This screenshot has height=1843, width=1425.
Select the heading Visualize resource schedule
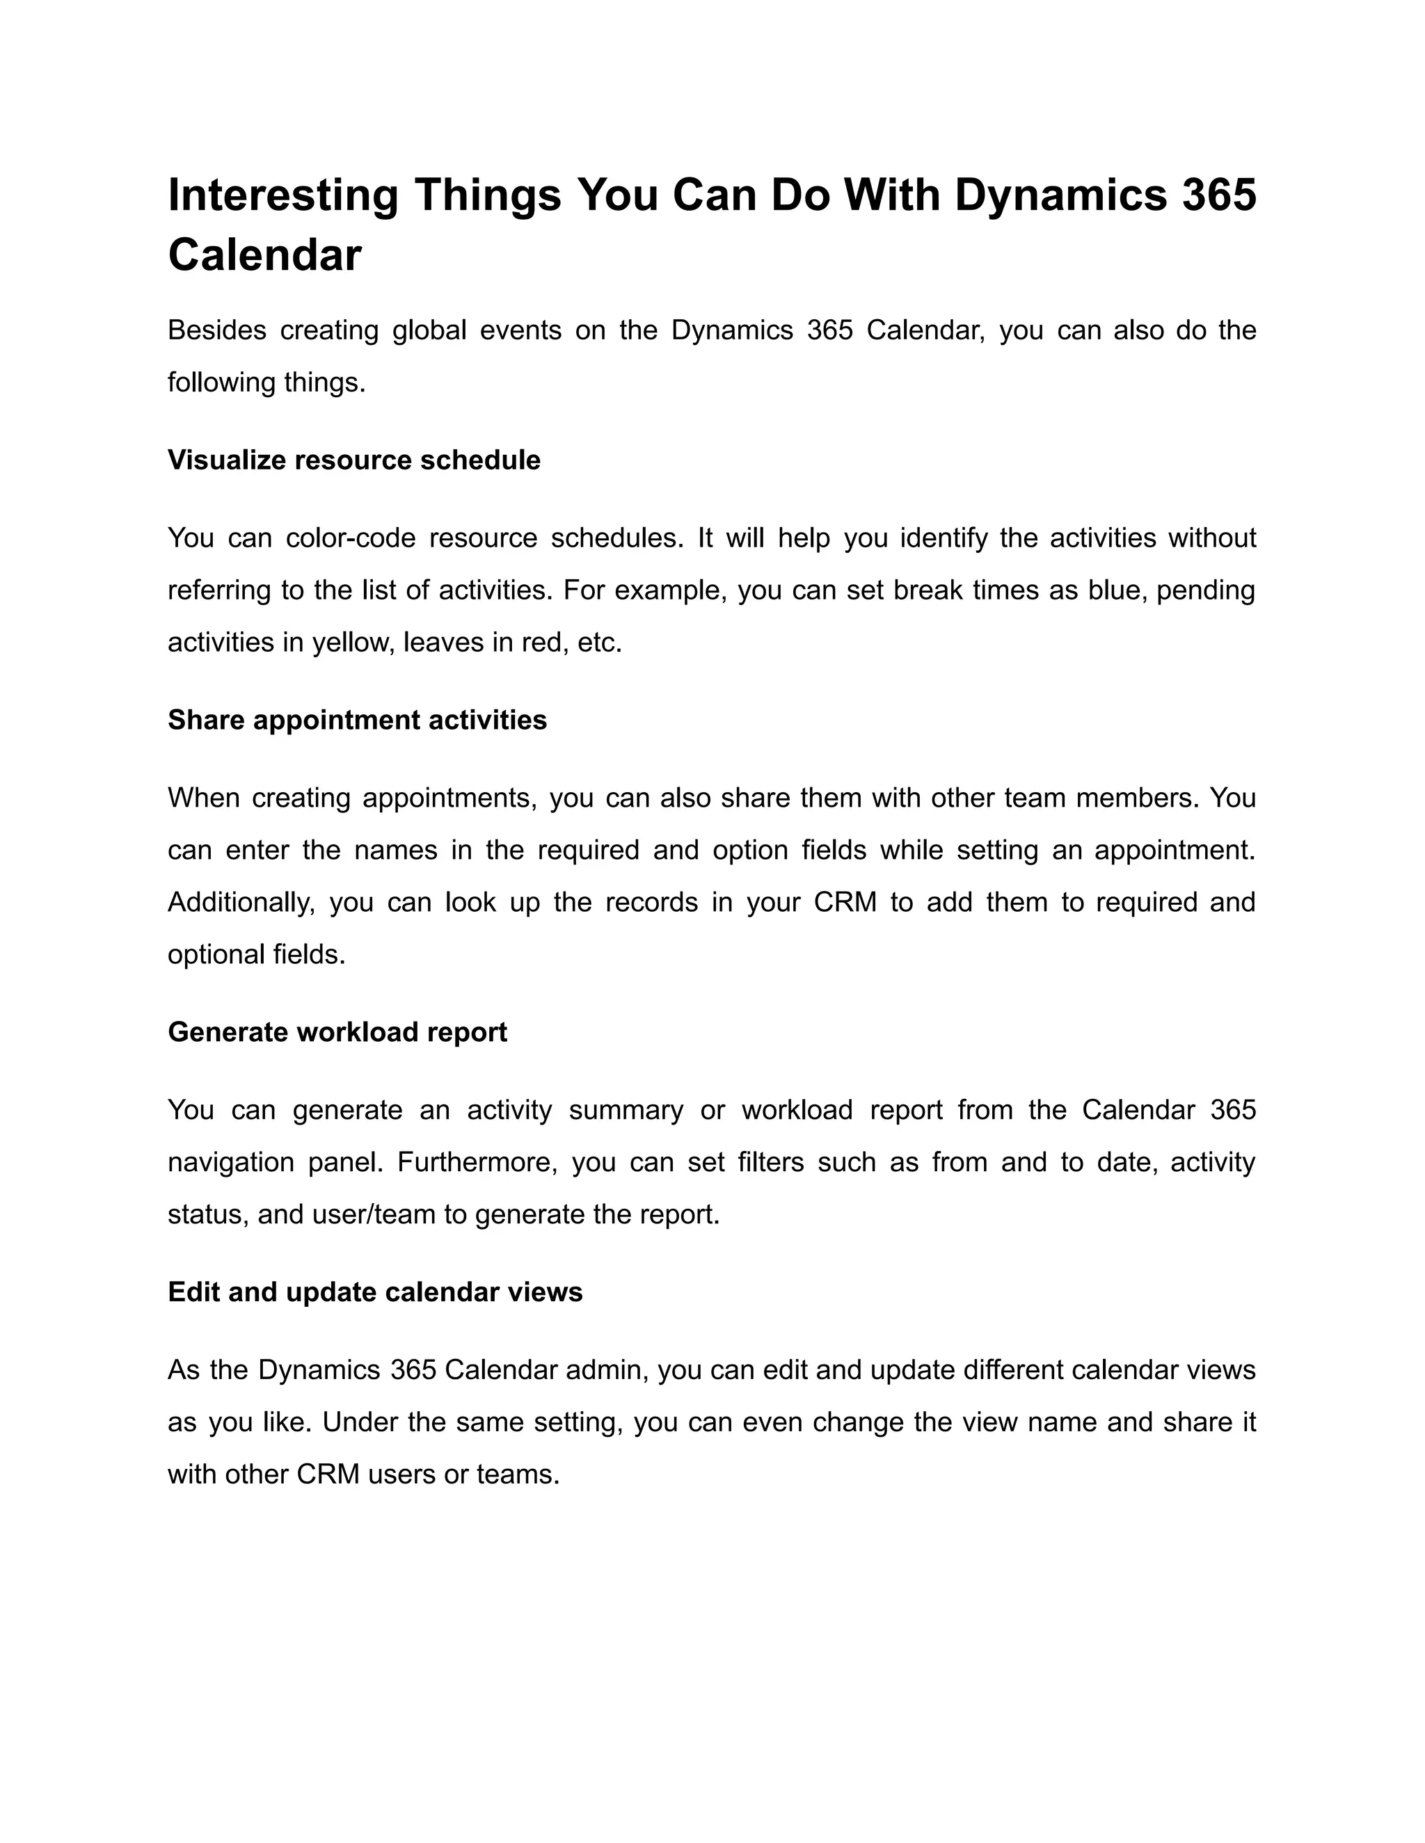pos(353,460)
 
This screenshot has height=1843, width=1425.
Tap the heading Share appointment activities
pos(357,720)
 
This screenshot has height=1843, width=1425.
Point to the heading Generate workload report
pos(337,1032)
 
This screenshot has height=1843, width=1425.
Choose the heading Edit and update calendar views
pos(375,1292)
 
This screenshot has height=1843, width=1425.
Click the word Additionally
pos(241,902)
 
